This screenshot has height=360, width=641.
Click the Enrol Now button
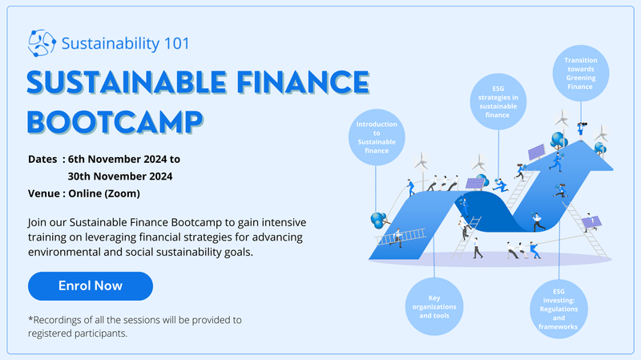click(x=91, y=286)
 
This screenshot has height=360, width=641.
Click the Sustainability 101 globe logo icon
click(x=42, y=43)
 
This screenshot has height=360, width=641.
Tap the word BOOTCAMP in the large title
click(x=115, y=123)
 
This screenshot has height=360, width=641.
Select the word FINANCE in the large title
click(x=303, y=83)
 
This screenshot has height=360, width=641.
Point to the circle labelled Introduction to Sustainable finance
click(x=377, y=137)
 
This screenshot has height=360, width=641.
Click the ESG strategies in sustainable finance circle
click(x=498, y=102)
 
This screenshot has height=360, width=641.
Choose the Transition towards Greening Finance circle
click(x=580, y=73)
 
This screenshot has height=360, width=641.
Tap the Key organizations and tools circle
click(x=434, y=307)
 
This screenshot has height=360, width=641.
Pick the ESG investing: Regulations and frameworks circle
click(x=558, y=309)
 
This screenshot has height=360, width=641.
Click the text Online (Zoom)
click(x=104, y=193)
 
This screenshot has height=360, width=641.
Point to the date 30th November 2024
click(x=120, y=176)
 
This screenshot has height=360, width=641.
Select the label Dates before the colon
click(x=42, y=159)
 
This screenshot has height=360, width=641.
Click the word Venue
click(x=44, y=193)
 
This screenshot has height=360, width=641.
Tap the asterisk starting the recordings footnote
click(x=30, y=318)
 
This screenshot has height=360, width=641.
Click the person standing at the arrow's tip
click(x=581, y=128)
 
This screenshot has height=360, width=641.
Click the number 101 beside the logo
click(x=176, y=43)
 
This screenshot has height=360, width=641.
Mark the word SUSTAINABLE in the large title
click(x=127, y=83)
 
